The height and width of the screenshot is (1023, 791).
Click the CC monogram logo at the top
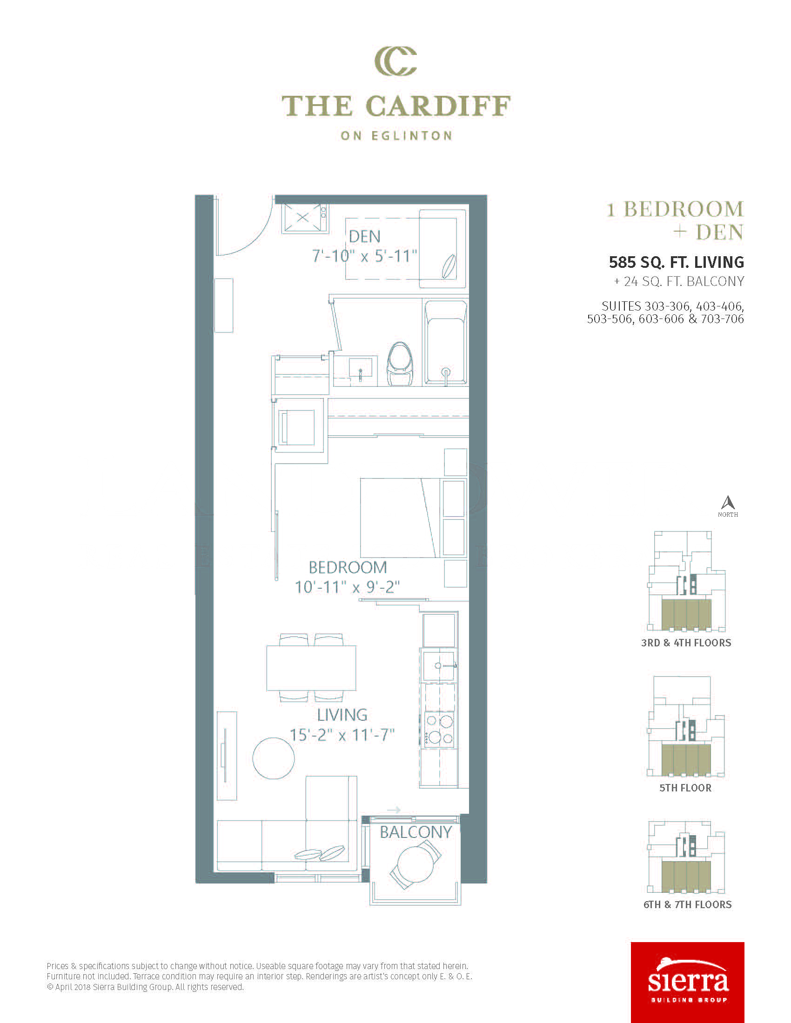click(x=395, y=61)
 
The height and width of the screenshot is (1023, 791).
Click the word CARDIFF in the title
click(x=438, y=106)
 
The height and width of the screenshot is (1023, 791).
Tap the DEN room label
click(x=365, y=237)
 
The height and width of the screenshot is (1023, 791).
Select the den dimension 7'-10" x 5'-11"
click(x=365, y=256)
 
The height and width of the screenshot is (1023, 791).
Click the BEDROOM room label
click(x=348, y=567)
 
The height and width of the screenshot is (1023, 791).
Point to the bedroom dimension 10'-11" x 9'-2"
click(x=347, y=587)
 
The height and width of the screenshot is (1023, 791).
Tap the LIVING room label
click(x=342, y=715)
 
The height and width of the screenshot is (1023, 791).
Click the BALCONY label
click(x=416, y=832)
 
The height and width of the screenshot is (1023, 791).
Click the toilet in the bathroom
click(x=400, y=364)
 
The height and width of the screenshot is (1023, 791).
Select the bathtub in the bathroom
click(x=446, y=342)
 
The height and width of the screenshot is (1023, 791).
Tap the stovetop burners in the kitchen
click(x=439, y=729)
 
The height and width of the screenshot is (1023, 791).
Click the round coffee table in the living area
click(x=274, y=758)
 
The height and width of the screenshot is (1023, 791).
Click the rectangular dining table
click(x=311, y=668)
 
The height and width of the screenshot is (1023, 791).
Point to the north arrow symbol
click(x=728, y=503)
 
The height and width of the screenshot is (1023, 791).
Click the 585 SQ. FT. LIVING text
click(x=676, y=262)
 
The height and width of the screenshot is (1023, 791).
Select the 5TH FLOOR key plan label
click(x=685, y=788)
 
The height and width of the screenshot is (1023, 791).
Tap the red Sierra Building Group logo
click(x=687, y=982)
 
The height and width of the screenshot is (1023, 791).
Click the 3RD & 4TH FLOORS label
click(x=686, y=643)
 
